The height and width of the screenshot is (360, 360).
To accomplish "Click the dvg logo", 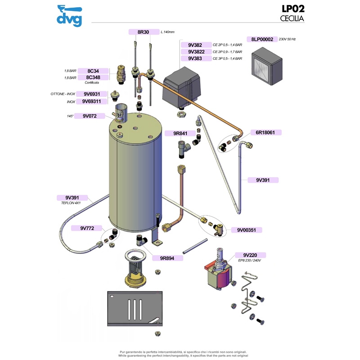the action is coord(69,16).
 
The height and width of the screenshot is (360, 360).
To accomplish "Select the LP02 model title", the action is coord(293,9).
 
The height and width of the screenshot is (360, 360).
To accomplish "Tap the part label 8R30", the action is coord(144,32).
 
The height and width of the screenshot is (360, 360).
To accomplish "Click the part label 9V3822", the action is coord(196,52).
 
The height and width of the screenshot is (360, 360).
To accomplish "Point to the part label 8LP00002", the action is coord(262,39).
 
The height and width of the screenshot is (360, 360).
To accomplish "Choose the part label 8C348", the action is coord(93,77).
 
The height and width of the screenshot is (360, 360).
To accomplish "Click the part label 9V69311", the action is coord(91,101).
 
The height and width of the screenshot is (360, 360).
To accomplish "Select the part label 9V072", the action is coord(90,116).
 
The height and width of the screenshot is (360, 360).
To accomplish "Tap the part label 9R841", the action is coord(180,133).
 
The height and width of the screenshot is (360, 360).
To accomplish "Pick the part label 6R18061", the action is coord(265,132).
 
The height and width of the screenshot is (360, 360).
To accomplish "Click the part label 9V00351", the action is coord(247,230).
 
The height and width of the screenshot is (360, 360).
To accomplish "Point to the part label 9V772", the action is coord(87,228).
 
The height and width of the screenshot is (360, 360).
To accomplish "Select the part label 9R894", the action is coord(167,258).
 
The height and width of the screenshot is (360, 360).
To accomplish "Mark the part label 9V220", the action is coord(250,255).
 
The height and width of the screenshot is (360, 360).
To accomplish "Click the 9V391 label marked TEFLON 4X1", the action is coord(72,198).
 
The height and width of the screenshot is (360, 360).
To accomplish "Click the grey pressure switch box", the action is coord(182,87).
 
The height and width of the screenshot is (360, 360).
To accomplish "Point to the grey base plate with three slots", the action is coord(135,308).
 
